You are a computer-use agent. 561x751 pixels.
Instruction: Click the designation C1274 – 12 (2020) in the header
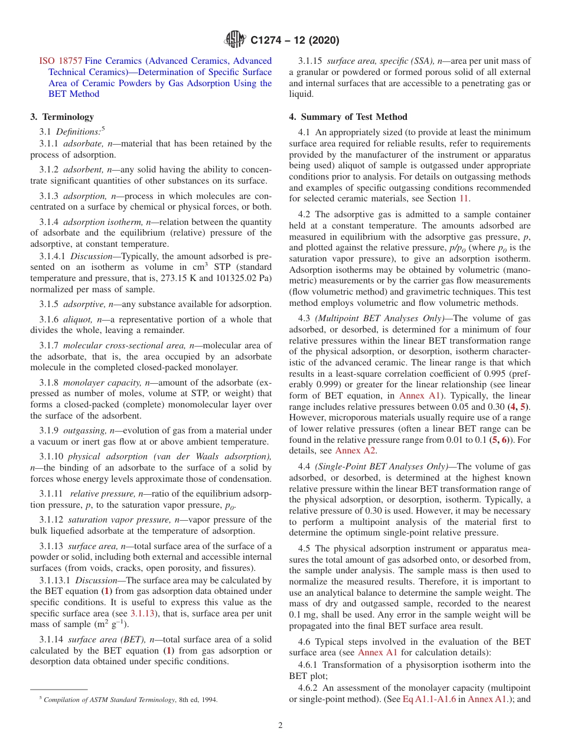pyautogui.click(x=295, y=41)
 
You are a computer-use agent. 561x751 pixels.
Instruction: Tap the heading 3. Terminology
pyautogui.click(x=62, y=117)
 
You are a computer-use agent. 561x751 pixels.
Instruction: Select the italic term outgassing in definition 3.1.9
pyautogui.click(x=88, y=430)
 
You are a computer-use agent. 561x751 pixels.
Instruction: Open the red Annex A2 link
pyautogui.click(x=355, y=450)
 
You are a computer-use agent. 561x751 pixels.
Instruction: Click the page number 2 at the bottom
pyautogui.click(x=280, y=726)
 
